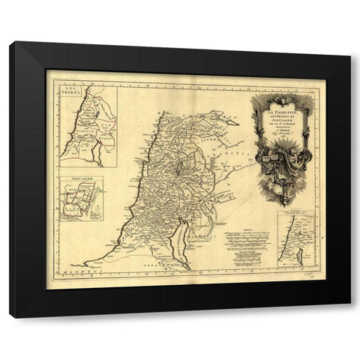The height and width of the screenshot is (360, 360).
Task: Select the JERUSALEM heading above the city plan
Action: pos(72,179)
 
